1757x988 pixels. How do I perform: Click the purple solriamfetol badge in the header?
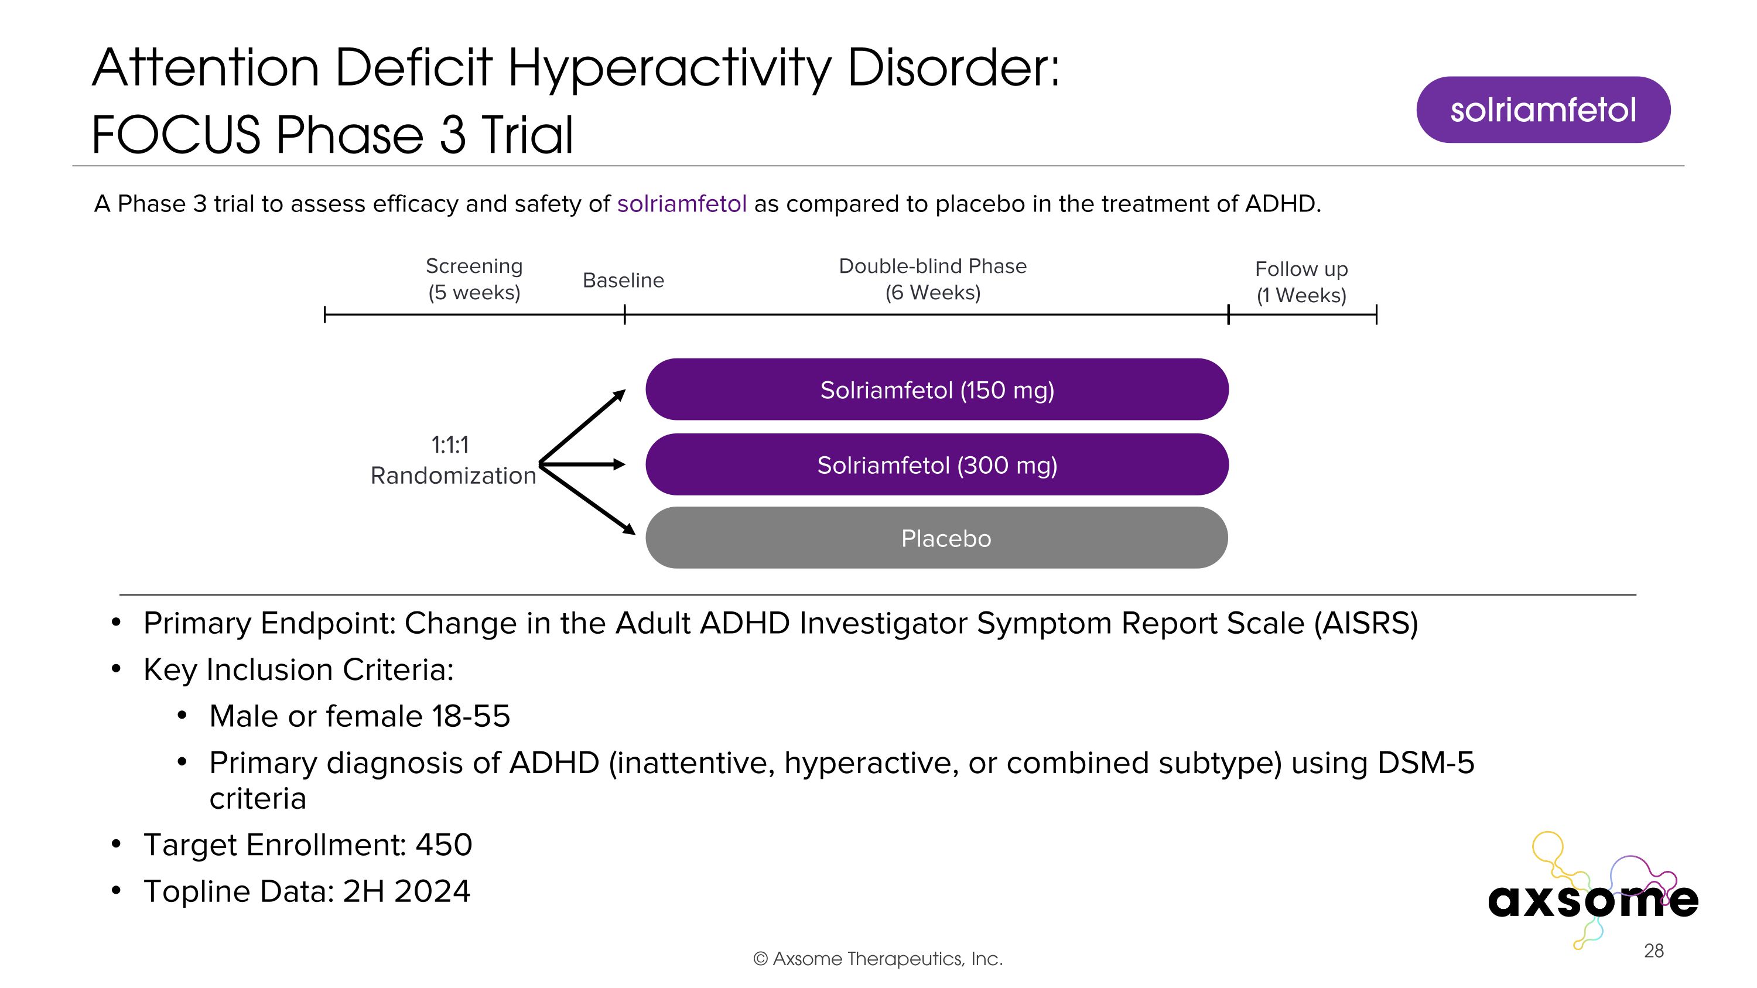click(x=1543, y=110)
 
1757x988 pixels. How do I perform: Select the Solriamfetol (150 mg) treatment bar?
click(x=936, y=390)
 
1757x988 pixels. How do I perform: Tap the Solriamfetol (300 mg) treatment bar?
click(x=936, y=465)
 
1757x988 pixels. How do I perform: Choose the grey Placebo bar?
click(x=936, y=538)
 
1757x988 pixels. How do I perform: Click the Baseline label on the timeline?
click(x=623, y=281)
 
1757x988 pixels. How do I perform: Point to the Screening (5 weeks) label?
click(x=474, y=279)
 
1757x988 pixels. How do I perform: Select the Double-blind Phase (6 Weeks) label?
click(x=932, y=279)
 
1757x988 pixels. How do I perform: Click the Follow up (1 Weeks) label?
click(x=1301, y=282)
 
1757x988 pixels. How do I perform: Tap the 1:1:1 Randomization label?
click(x=452, y=460)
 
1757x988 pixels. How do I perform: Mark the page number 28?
click(x=1653, y=951)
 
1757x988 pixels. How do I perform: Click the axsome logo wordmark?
click(x=1592, y=900)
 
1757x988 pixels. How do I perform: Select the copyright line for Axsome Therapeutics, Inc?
click(x=878, y=959)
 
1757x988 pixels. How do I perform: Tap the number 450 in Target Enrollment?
click(x=444, y=845)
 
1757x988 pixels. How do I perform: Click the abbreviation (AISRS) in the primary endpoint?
click(x=1366, y=623)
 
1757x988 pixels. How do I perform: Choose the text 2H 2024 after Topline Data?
click(x=406, y=892)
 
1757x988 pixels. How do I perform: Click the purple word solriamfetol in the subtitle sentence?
click(x=681, y=204)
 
